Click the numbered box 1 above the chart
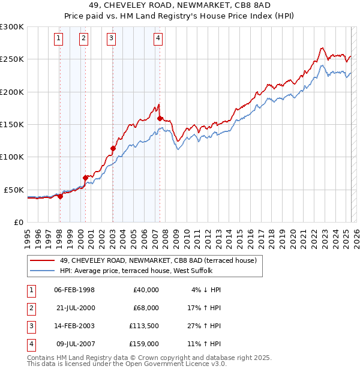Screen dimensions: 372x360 click(59, 39)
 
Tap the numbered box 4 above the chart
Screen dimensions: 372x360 click(157, 39)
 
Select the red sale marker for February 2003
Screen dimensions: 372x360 click(113, 148)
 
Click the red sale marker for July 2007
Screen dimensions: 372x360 click(160, 119)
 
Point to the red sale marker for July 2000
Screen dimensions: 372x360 click(86, 178)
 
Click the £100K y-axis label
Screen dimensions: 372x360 click(12, 157)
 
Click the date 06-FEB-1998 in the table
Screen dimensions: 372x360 click(74, 290)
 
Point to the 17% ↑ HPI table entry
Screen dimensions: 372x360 click(206, 308)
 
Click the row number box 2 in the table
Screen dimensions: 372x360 click(30, 308)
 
